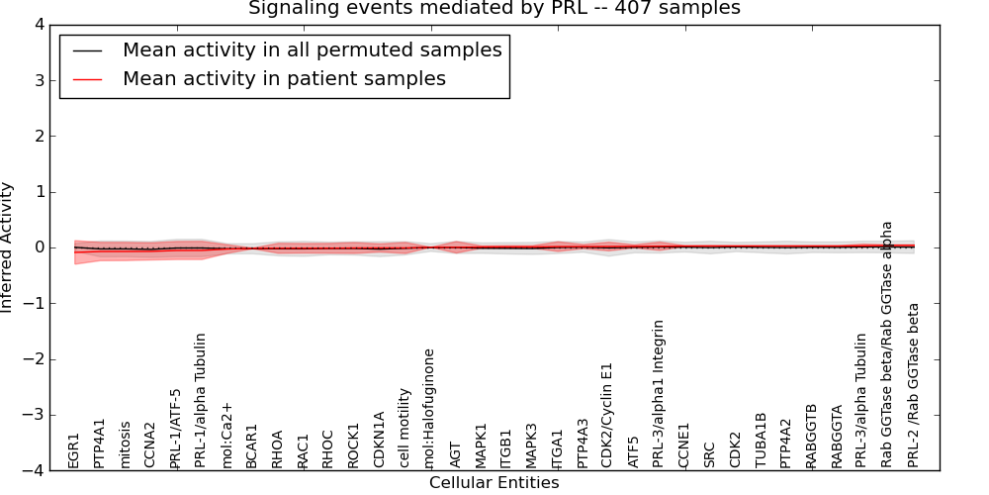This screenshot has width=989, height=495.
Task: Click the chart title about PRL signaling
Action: [x=494, y=9]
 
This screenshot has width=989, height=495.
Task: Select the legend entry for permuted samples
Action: [x=312, y=50]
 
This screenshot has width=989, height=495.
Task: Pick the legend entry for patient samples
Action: [x=284, y=79]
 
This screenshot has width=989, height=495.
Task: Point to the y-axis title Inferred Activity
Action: [x=8, y=247]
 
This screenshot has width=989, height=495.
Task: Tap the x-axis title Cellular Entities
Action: [x=494, y=483]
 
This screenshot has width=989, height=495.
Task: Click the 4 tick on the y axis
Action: [x=39, y=25]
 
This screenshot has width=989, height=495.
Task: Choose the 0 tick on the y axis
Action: [x=39, y=247]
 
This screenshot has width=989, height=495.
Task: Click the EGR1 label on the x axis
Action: [x=74, y=450]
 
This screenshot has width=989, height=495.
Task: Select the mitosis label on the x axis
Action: [x=125, y=445]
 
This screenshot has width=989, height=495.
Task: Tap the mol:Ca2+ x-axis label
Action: [x=226, y=435]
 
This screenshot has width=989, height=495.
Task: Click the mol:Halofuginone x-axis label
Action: [x=429, y=408]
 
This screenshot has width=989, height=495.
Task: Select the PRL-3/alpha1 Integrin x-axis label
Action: [x=659, y=393]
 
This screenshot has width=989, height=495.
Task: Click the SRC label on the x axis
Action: [x=709, y=454]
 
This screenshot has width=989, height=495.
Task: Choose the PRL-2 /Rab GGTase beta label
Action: [x=914, y=385]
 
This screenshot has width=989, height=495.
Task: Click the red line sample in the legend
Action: [x=87, y=79]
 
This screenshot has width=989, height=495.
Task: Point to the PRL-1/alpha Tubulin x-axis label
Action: [x=201, y=400]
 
